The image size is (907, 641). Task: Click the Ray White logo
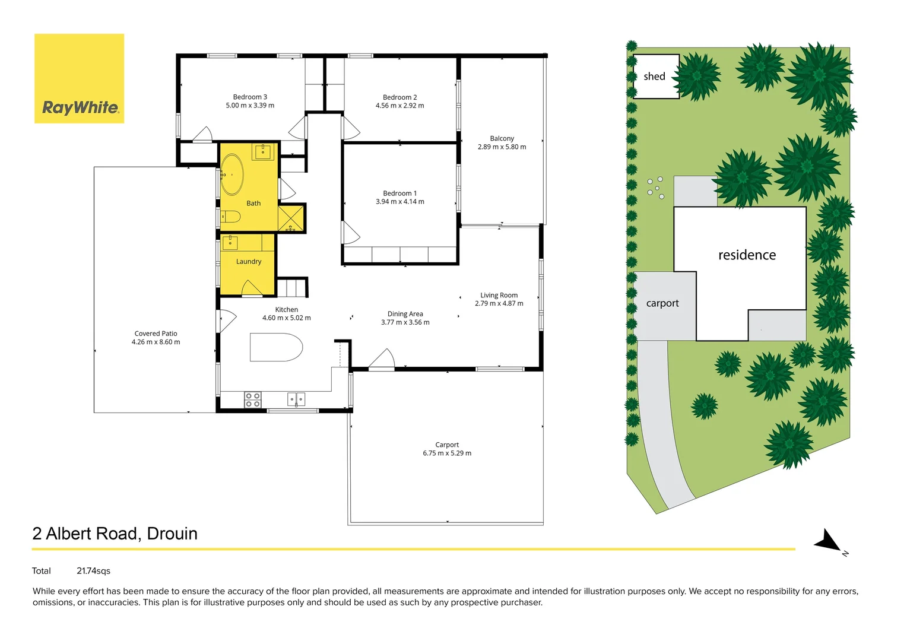[x=79, y=78]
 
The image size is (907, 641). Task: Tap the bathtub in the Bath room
[x=231, y=175]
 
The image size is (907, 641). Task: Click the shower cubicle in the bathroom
[x=291, y=218]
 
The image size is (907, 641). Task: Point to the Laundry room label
[x=249, y=261]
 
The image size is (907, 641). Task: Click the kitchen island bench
[x=276, y=347]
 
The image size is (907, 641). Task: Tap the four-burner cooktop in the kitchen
[x=253, y=399]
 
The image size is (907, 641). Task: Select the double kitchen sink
[x=296, y=399]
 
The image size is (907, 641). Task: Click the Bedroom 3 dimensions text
[x=250, y=106]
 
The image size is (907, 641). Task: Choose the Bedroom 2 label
[x=399, y=97]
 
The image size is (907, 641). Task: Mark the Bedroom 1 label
[x=399, y=193]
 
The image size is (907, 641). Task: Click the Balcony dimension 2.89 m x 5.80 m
[x=502, y=147]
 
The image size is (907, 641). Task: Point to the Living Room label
[x=499, y=295]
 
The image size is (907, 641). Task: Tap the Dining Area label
[x=405, y=314]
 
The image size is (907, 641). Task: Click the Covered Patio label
[x=156, y=334]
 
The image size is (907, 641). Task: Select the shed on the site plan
[x=656, y=77]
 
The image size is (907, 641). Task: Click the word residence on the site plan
[x=747, y=255]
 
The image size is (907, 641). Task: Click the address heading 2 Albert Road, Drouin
[x=115, y=534]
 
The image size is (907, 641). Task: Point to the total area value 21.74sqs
[x=93, y=571]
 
